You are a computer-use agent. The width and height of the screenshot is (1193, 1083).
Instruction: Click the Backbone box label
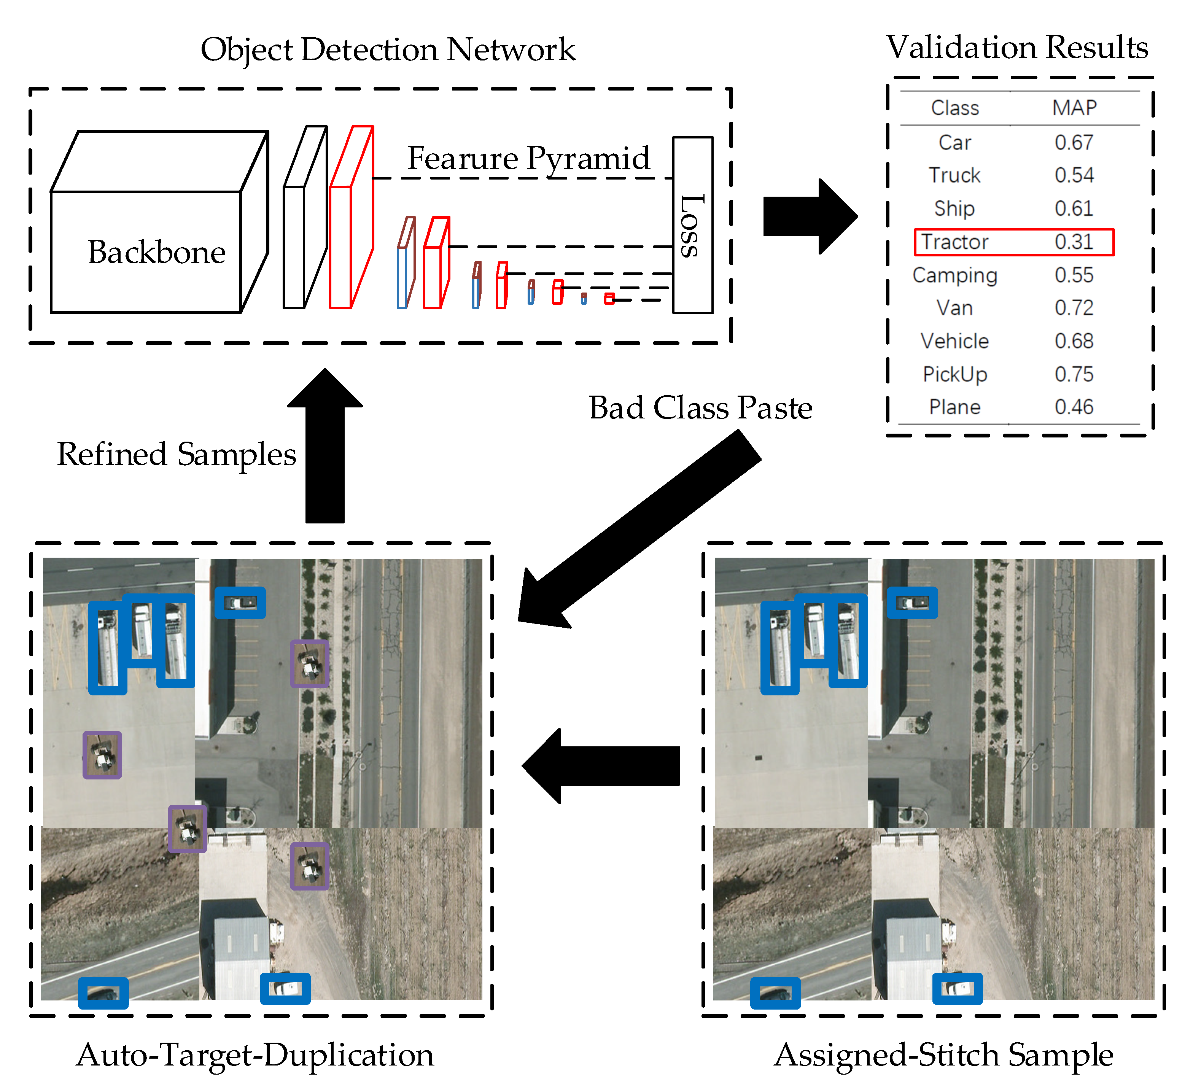(x=156, y=252)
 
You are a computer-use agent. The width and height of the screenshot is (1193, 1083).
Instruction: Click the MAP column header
(x=1074, y=108)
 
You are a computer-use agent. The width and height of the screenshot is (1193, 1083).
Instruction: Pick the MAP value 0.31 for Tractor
(x=1074, y=242)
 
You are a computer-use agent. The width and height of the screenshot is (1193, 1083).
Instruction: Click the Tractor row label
(x=954, y=242)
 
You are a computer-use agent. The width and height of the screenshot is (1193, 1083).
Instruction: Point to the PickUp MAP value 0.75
(x=1074, y=374)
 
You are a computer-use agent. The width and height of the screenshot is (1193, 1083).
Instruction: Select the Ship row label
(x=954, y=208)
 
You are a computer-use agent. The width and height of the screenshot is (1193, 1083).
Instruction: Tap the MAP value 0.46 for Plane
(x=1074, y=407)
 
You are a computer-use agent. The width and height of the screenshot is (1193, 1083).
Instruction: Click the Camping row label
(x=954, y=275)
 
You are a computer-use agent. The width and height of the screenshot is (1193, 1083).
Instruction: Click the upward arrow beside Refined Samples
(x=325, y=450)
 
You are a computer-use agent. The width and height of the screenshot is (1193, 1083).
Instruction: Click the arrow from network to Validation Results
(x=808, y=216)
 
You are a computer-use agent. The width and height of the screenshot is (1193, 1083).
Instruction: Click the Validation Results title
(x=1016, y=47)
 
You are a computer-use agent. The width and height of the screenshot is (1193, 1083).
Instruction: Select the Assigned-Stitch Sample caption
(x=943, y=1055)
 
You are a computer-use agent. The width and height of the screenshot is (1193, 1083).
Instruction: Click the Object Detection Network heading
(x=388, y=49)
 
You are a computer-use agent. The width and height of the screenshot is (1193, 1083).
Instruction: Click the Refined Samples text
(x=177, y=455)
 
